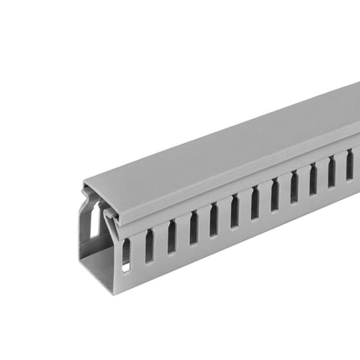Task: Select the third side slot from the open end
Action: (172, 237)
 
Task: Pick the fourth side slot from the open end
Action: (193, 228)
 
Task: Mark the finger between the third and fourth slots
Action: (183, 232)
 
